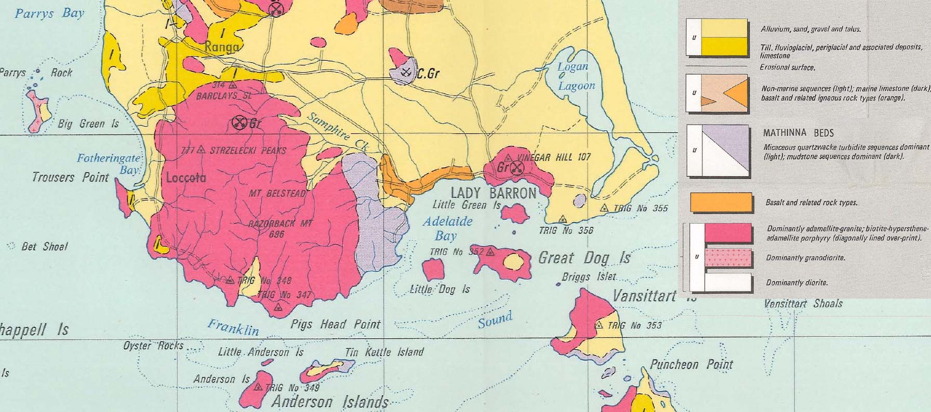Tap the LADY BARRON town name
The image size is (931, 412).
point(493,194)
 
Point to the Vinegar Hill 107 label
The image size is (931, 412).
point(554,157)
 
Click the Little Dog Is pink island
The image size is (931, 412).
point(433,268)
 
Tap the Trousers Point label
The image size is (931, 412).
point(70,177)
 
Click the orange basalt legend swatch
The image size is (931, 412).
point(721,202)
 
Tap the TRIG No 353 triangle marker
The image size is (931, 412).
point(599,325)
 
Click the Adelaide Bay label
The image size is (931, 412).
point(447,228)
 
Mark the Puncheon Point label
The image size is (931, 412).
point(691,365)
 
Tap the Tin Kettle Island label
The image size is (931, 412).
point(384,352)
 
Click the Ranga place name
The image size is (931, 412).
point(222,47)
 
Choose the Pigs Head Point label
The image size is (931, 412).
point(336,325)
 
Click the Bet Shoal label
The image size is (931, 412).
point(45,247)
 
